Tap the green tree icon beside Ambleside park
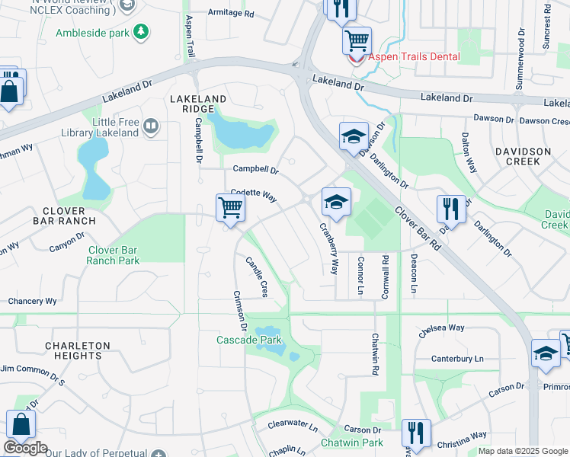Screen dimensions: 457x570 tap(140, 31)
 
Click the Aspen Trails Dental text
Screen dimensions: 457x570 tap(415, 56)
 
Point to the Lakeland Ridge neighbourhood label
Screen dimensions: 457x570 tap(198, 104)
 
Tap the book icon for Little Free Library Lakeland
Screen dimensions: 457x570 tap(150, 126)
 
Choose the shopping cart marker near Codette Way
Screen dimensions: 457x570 tap(230, 207)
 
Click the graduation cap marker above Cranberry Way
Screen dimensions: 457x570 tap(336, 201)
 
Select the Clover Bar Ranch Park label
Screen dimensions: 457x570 tap(113, 255)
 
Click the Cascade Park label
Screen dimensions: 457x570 tap(249, 340)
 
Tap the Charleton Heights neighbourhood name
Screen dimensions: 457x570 tap(73, 350)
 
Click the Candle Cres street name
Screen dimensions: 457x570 tap(257, 276)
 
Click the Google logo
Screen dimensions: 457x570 tap(25, 448)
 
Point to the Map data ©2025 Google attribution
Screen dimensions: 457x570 tap(522, 451)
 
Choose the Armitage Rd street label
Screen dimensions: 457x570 tap(232, 14)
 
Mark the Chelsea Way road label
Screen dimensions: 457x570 tap(441, 331)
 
